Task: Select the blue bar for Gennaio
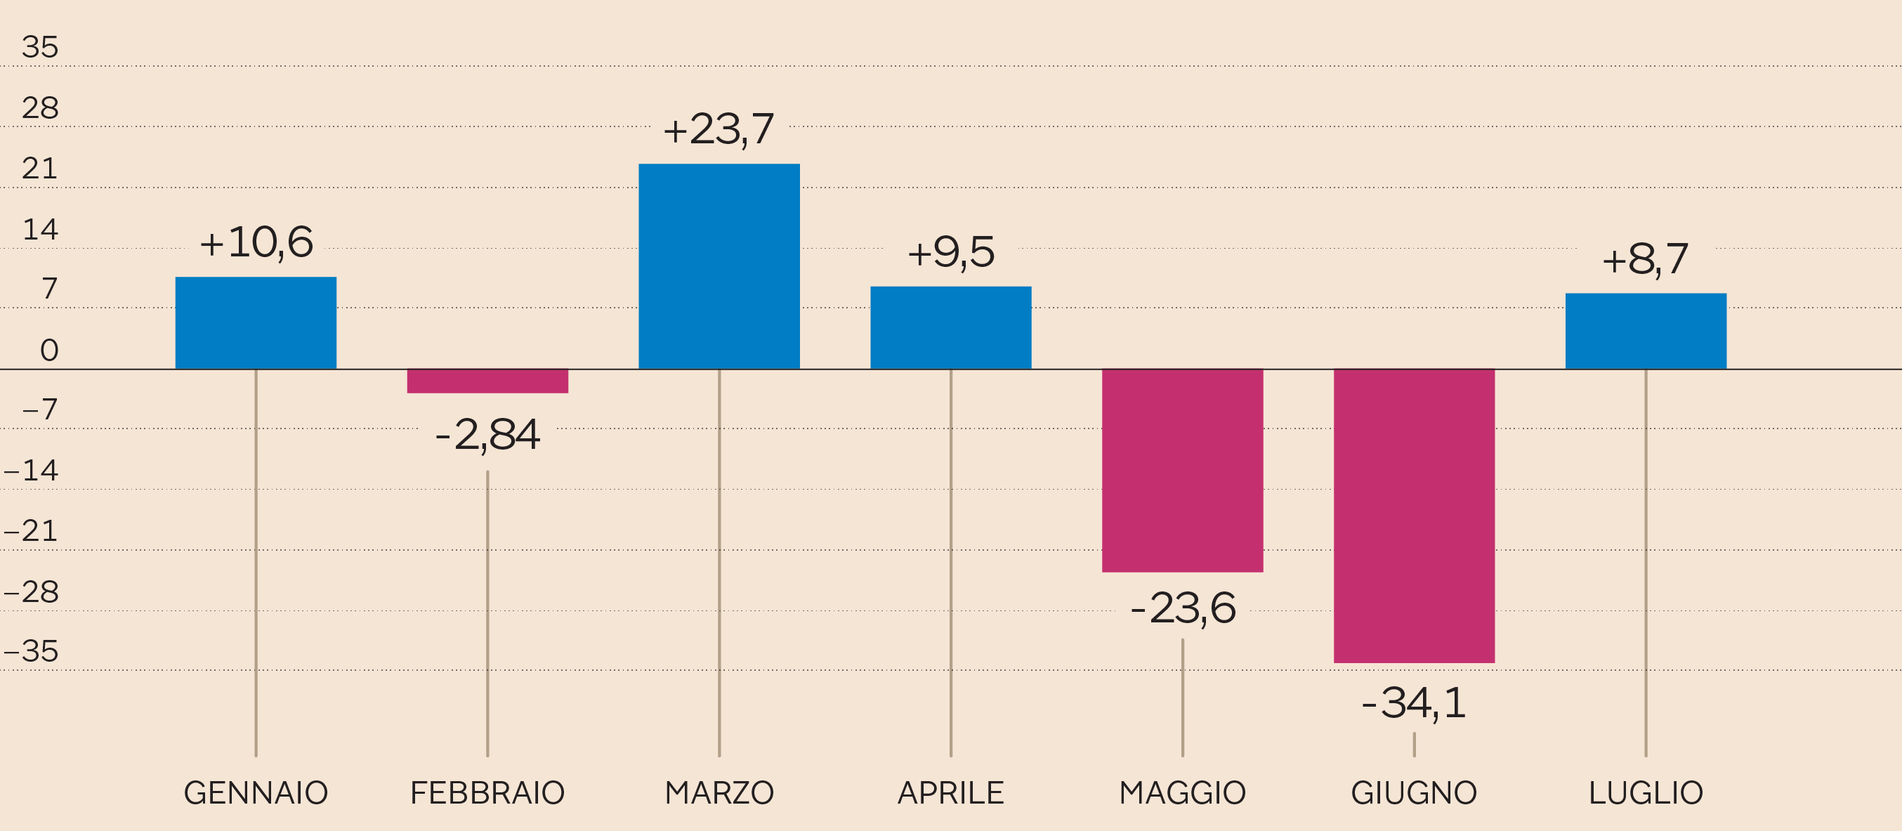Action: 256,323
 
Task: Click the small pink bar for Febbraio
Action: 487,381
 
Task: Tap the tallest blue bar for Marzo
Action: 719,266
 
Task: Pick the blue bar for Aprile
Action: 950,327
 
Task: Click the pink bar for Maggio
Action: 1182,471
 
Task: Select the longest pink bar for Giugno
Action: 1414,516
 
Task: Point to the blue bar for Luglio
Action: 1646,331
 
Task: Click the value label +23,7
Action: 719,129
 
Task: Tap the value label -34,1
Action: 1414,702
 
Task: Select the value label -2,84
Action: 487,434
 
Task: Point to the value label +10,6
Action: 256,242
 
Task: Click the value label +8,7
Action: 1645,259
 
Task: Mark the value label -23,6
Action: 1183,608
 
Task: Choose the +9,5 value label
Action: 951,253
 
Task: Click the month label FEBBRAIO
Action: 487,792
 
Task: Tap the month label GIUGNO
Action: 1414,792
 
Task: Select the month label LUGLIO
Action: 1646,792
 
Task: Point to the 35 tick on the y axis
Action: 40,47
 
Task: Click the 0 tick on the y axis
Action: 48,350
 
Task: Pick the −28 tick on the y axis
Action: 31,591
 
